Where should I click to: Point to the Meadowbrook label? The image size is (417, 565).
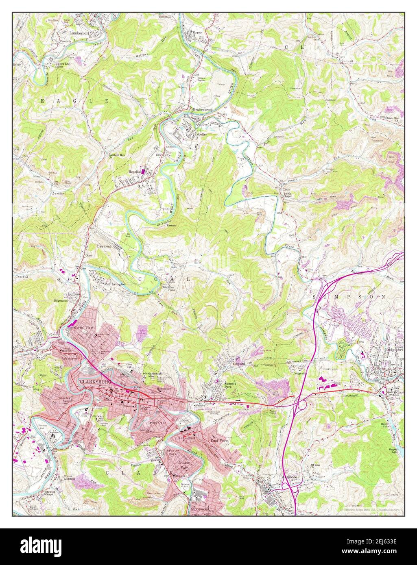pos(203,110)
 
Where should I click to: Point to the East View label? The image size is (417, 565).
pos(219,440)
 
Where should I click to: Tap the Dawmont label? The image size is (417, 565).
pos(104,247)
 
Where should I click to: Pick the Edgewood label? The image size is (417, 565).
pos(61,301)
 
